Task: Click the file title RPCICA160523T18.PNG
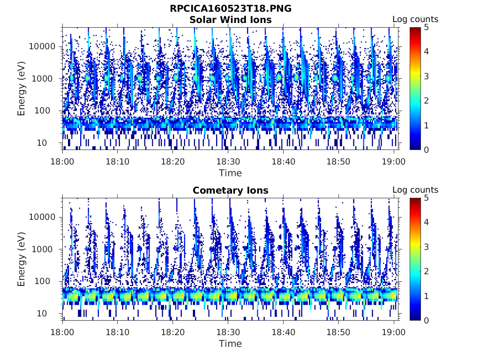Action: click(x=230, y=9)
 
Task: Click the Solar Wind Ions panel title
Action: click(x=230, y=20)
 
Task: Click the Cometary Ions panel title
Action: click(x=230, y=190)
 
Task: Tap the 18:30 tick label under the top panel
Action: click(x=227, y=161)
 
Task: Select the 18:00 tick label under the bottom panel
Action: click(x=63, y=332)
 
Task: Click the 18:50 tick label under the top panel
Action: click(x=338, y=161)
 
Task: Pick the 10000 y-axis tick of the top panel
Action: click(x=43, y=46)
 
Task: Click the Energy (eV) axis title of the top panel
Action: click(x=22, y=88)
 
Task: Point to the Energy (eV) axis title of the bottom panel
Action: click(x=22, y=259)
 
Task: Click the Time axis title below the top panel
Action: click(x=230, y=173)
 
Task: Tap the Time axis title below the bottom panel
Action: click(x=230, y=344)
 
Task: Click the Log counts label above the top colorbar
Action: click(x=415, y=20)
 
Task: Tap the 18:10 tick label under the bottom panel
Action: click(x=118, y=332)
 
